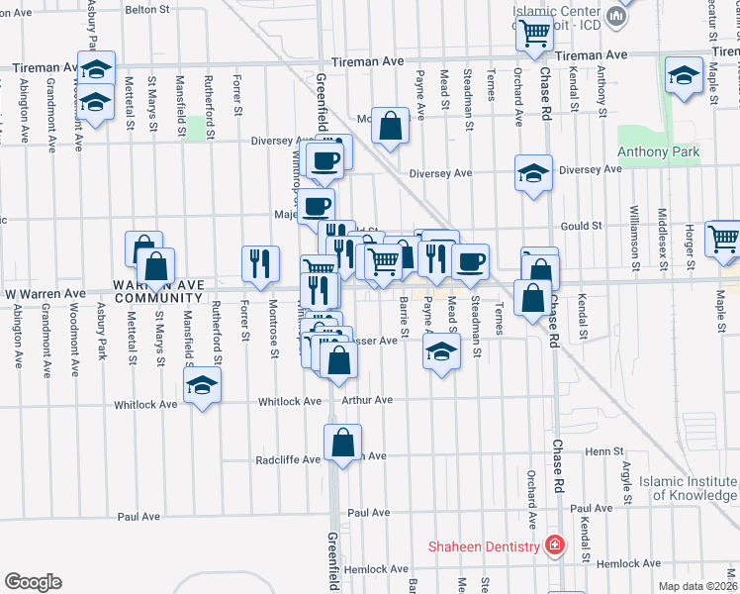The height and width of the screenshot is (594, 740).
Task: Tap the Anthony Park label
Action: (658, 152)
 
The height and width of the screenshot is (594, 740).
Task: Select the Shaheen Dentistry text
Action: (484, 546)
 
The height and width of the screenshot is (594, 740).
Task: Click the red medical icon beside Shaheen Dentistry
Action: (556, 545)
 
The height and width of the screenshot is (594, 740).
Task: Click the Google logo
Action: (33, 582)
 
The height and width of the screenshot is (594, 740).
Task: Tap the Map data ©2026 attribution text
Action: (697, 586)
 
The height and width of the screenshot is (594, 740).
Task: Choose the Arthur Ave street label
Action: (367, 400)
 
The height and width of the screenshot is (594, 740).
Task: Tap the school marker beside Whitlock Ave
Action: (202, 387)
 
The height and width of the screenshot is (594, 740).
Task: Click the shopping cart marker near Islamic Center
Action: (535, 33)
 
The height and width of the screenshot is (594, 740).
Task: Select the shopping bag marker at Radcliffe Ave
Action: (342, 444)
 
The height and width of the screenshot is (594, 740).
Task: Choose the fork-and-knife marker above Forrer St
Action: (259, 263)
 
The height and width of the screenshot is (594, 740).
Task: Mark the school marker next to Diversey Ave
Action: (533, 173)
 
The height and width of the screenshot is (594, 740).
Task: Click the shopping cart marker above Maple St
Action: (724, 239)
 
